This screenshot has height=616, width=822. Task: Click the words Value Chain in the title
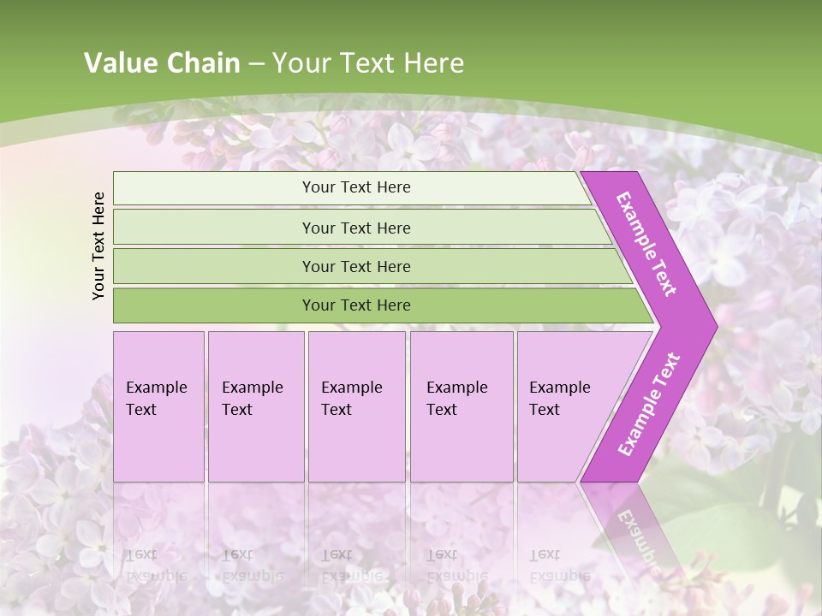coord(162,63)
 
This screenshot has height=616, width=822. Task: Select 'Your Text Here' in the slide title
coord(368,63)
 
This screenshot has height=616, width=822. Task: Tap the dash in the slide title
coord(256,63)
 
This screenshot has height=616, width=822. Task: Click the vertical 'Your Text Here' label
coord(98,246)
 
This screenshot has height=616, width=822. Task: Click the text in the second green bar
coord(356,228)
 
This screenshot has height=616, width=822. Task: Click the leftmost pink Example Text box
coord(158,406)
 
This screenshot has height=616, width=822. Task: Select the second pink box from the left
coord(256,406)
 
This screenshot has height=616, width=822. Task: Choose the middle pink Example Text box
coord(356,406)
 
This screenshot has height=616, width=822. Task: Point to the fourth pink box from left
coord(462,406)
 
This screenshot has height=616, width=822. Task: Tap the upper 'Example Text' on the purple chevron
coord(646,244)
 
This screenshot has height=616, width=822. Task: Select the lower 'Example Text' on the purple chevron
coord(649,404)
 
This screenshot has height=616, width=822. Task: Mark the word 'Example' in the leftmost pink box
coord(156,388)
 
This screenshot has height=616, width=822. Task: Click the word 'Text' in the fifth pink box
coord(545,410)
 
